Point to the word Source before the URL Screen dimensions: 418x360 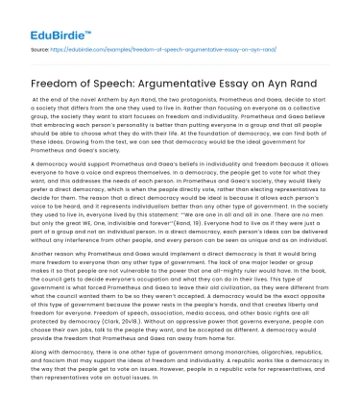point(41,46)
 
